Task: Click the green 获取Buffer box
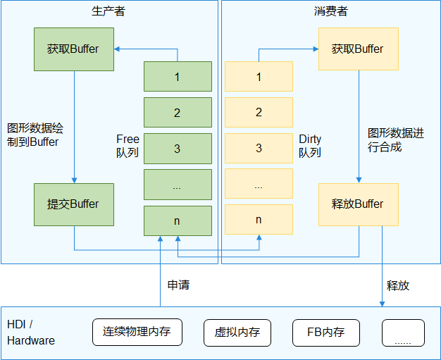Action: point(73,49)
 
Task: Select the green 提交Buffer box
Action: point(73,204)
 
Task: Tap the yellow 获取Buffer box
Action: point(358,49)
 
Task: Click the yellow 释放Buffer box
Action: point(358,204)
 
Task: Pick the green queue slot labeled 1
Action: point(178,77)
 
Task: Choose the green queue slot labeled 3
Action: point(178,148)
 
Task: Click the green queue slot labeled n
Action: point(178,220)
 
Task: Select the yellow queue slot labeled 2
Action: point(259,113)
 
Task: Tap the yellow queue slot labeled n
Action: point(259,220)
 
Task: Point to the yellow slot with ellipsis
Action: point(259,184)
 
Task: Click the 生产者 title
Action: point(109,12)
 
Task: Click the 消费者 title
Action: point(330,12)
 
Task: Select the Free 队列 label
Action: point(128,146)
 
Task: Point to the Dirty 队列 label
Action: point(310,146)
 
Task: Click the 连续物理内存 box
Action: point(137,332)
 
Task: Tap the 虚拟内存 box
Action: point(237,332)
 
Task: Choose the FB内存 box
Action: point(326,332)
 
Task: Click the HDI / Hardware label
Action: point(31,332)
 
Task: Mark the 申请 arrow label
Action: point(178,285)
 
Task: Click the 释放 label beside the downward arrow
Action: point(398,285)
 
